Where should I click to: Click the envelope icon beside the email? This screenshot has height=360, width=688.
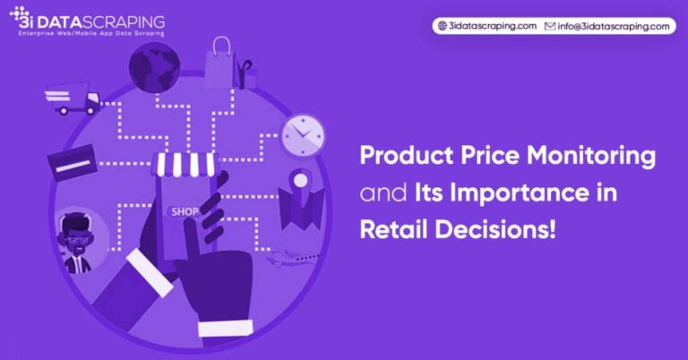[551, 26]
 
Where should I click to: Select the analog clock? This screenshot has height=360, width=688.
[303, 136]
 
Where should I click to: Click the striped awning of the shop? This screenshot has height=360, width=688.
[186, 164]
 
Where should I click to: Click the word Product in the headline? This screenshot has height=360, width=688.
[400, 156]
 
